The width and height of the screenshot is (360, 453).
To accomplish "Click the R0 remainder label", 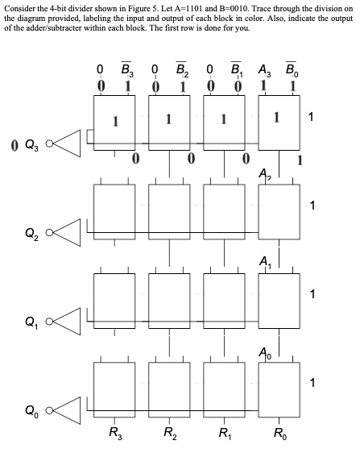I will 277,439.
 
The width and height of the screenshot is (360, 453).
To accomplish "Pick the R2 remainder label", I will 170,439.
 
